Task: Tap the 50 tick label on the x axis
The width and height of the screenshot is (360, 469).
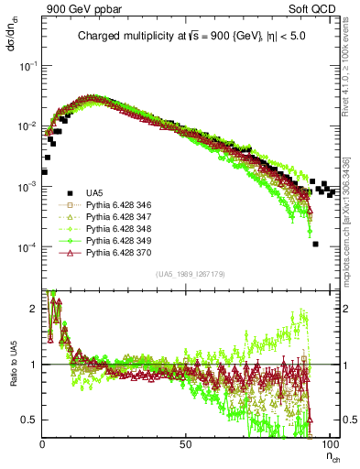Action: [x=186, y=442]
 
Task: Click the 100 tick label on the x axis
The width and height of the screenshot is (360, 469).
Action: [x=327, y=442]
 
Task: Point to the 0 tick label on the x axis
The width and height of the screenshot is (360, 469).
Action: [x=43, y=442]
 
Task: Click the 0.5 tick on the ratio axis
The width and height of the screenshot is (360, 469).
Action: [x=32, y=419]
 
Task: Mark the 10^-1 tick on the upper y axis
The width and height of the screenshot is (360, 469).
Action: [x=30, y=66]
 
